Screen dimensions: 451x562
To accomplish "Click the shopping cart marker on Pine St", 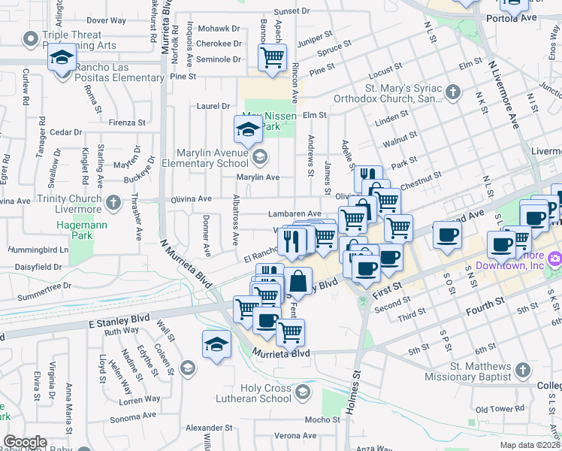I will (x=271, y=56).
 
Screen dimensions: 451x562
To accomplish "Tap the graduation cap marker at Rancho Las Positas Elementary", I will (x=62, y=57).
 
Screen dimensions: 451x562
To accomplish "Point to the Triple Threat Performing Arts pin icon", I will (x=31, y=38).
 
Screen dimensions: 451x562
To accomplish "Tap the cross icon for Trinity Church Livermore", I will (x=113, y=202).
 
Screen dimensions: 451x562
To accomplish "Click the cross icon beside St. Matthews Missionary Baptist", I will (x=523, y=370).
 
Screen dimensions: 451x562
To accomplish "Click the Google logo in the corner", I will (x=25, y=442).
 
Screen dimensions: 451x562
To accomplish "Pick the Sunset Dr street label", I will (x=292, y=11).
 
